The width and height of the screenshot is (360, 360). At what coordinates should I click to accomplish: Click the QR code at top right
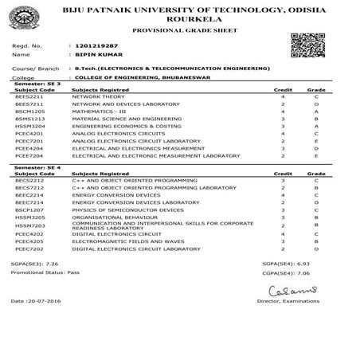pyautogui.click(x=307, y=45)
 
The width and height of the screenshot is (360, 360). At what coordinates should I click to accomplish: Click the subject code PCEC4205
pyautogui.click(x=29, y=241)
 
